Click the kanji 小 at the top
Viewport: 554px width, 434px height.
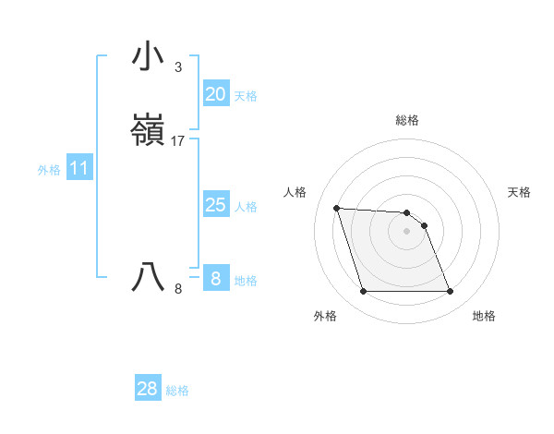tap(148, 57)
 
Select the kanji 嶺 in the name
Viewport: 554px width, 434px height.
tap(148, 130)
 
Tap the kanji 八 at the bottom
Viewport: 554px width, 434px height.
tap(148, 277)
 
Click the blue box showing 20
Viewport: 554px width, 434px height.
tap(215, 94)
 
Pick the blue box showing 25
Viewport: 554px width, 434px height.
tap(215, 205)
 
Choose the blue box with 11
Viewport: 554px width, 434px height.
tap(79, 169)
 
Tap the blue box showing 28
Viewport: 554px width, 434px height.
tap(147, 389)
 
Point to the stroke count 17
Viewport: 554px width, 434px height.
tap(178, 141)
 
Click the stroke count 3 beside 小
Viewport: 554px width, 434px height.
tap(177, 67)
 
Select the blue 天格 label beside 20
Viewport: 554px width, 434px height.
tap(246, 96)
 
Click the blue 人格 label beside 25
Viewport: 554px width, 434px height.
tap(246, 207)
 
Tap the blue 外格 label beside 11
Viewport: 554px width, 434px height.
tap(49, 170)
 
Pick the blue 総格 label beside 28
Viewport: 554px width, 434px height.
tap(177, 391)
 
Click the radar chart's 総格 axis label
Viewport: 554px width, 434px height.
tap(406, 120)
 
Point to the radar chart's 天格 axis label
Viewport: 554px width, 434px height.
tap(520, 192)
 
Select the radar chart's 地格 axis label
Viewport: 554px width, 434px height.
tap(484, 316)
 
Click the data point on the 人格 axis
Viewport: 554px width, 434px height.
tap(337, 208)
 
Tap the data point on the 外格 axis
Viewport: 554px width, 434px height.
tap(363, 292)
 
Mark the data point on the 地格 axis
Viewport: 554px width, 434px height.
tap(450, 292)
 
